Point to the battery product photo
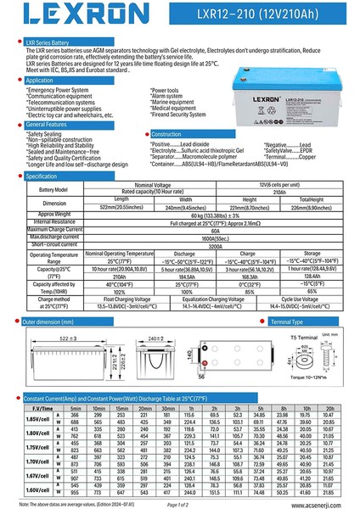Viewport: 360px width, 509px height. click(277, 89)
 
